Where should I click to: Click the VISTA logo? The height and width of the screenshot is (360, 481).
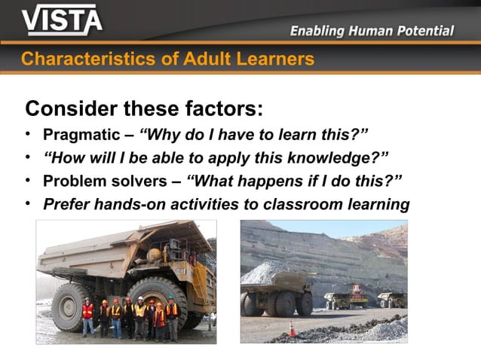[x=62, y=20]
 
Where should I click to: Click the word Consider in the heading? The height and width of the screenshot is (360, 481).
[x=71, y=109]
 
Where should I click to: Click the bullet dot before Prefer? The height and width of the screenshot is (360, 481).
[x=28, y=203]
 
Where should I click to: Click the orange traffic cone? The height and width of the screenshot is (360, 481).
[x=293, y=328]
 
